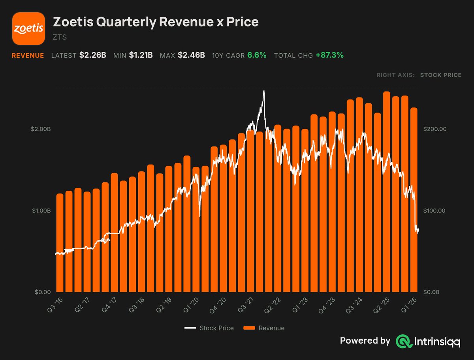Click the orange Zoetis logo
[28, 28]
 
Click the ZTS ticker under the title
[60, 37]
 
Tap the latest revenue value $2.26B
[93, 55]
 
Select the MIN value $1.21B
[141, 55]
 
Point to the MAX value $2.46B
[191, 55]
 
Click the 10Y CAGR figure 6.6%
[257, 55]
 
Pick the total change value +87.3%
[330, 55]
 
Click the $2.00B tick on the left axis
[41, 129]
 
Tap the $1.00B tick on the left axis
[41, 210]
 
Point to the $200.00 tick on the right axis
[435, 129]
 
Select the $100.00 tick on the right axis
[434, 210]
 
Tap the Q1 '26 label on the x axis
[409, 305]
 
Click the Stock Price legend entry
[209, 328]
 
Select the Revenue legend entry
[264, 328]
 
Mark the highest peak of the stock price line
[264, 91]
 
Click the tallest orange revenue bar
[387, 192]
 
